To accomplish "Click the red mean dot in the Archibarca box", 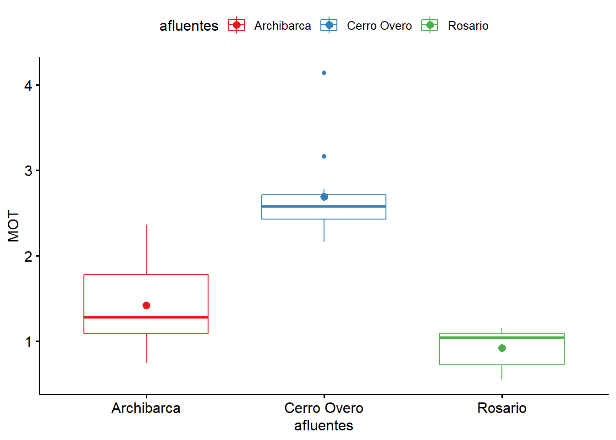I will pyautogui.click(x=146, y=306).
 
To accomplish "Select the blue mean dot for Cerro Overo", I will pyautogui.click(x=324, y=197).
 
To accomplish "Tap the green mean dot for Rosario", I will pyautogui.click(x=502, y=348).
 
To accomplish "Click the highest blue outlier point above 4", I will pyautogui.click(x=324, y=73).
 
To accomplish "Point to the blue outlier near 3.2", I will pyautogui.click(x=324, y=156).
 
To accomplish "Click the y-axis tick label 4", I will pyautogui.click(x=28, y=86).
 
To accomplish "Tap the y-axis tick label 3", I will pyautogui.click(x=28, y=171).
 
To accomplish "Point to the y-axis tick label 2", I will pyautogui.click(x=28, y=257).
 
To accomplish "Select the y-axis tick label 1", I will pyautogui.click(x=28, y=342).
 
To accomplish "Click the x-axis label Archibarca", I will pyautogui.click(x=146, y=408).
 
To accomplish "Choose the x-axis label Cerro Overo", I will pyautogui.click(x=324, y=408).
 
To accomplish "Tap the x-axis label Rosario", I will pyautogui.click(x=502, y=408).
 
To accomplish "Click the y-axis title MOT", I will pyautogui.click(x=14, y=226).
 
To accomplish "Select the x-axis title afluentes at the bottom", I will pyautogui.click(x=324, y=426).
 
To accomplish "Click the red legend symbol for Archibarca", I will pyautogui.click(x=236, y=25).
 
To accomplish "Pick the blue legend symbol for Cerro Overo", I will pyautogui.click(x=329, y=25).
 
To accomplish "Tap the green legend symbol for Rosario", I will pyautogui.click(x=430, y=25).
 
